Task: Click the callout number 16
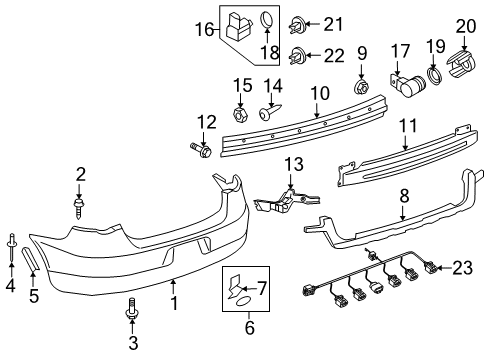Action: pyautogui.click(x=204, y=29)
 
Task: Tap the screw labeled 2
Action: pyautogui.click(x=79, y=209)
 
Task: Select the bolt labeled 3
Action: pyautogui.click(x=132, y=310)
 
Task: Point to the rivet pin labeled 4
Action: pyautogui.click(x=12, y=248)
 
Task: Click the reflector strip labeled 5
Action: pyautogui.click(x=31, y=258)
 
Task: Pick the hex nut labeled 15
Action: pyautogui.click(x=241, y=114)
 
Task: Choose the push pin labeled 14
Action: pyautogui.click(x=270, y=112)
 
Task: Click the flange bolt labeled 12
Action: pyautogui.click(x=201, y=150)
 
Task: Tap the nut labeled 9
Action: pyautogui.click(x=360, y=86)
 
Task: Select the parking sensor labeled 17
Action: pyautogui.click(x=408, y=85)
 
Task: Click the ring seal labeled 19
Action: pyautogui.click(x=435, y=76)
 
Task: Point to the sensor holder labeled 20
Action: pyautogui.click(x=461, y=64)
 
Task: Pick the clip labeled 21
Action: pyautogui.click(x=297, y=24)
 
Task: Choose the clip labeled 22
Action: pyautogui.click(x=297, y=56)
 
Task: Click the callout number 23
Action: pyautogui.click(x=462, y=268)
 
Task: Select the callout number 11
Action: pyautogui.click(x=408, y=126)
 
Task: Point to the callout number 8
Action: pyautogui.click(x=404, y=196)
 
